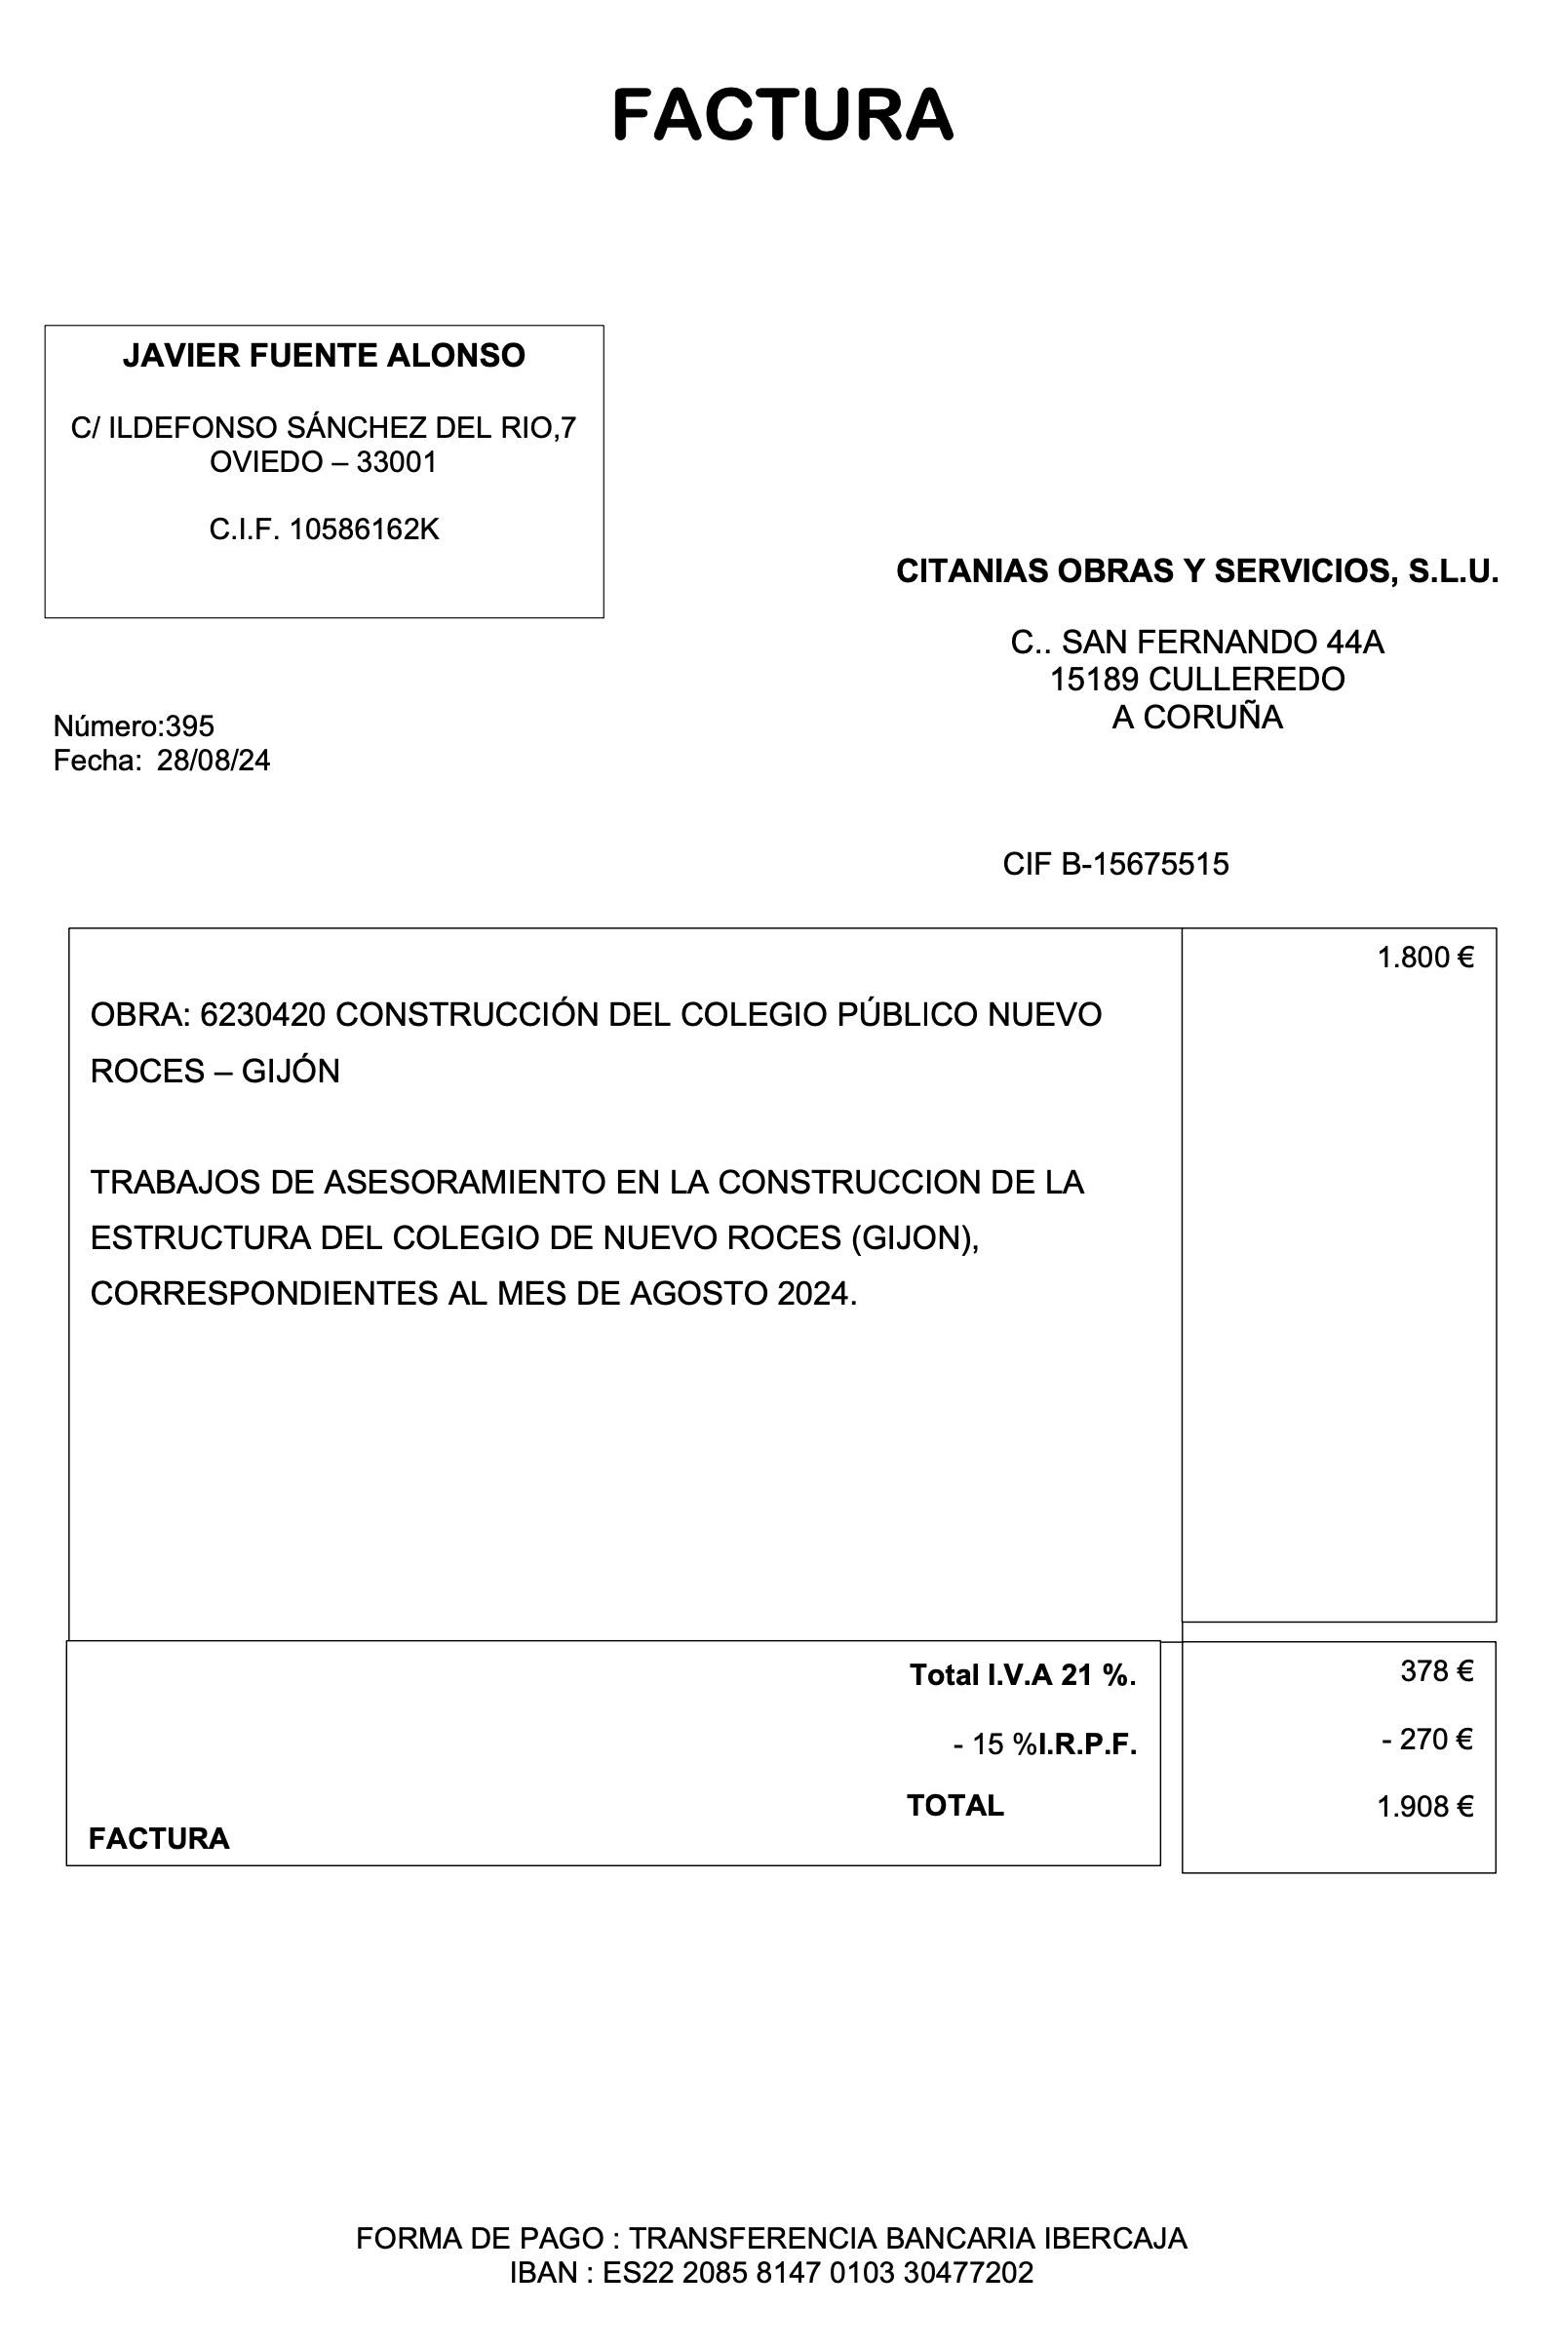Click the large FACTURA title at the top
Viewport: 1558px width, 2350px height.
tap(782, 114)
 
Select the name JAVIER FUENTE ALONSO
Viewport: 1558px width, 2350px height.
tap(324, 356)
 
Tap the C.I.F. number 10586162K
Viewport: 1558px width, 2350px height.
tap(364, 529)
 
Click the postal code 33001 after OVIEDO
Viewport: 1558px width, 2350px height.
tap(397, 462)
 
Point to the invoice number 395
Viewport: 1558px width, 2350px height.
tap(190, 726)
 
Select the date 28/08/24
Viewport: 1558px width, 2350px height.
tap(214, 762)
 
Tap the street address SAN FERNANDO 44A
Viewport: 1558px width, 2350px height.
tap(1223, 643)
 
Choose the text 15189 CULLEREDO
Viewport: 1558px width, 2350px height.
tap(1196, 680)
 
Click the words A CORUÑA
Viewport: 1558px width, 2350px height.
tap(1196, 718)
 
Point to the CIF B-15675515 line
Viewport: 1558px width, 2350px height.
tap(1114, 865)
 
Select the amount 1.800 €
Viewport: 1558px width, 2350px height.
tap(1423, 958)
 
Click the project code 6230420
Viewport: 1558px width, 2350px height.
tap(262, 1014)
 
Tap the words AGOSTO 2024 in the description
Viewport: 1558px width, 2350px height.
tap(755, 1294)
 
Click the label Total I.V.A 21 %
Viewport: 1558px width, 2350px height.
tap(1023, 1675)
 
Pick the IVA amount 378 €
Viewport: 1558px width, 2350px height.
tap(1436, 1671)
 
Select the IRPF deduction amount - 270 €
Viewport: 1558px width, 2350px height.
tap(1426, 1739)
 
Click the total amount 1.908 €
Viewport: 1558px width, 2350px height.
tap(1423, 1807)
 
